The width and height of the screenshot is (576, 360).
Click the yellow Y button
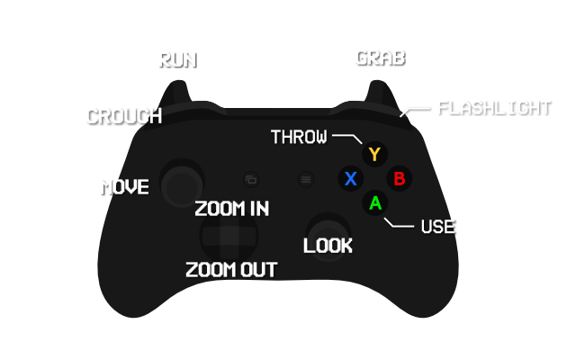pyautogui.click(x=374, y=154)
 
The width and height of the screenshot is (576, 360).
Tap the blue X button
pyautogui.click(x=351, y=178)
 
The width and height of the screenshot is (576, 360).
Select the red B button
pyautogui.click(x=400, y=178)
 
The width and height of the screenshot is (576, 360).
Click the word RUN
pyautogui.click(x=176, y=59)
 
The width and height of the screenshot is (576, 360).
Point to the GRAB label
pyautogui.click(x=379, y=58)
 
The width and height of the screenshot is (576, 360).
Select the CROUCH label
pyautogui.click(x=123, y=116)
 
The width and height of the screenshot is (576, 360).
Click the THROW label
pyautogui.click(x=299, y=137)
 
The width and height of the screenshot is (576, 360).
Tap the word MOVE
pyautogui.click(x=125, y=187)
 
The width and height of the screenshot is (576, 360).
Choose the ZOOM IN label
pyautogui.click(x=232, y=209)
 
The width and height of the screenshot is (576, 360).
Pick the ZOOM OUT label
pyautogui.click(x=230, y=270)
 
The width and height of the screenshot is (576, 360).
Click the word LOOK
pyautogui.click(x=328, y=246)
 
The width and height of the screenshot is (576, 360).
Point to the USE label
pyautogui.click(x=437, y=227)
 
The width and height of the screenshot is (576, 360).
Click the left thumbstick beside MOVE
pyautogui.click(x=182, y=183)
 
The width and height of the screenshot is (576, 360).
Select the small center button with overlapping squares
pyautogui.click(x=251, y=179)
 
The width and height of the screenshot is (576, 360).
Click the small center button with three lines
pyautogui.click(x=306, y=179)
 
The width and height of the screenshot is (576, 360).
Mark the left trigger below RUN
pyautogui.click(x=176, y=93)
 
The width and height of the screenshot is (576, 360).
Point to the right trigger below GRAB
pyautogui.click(x=379, y=93)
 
